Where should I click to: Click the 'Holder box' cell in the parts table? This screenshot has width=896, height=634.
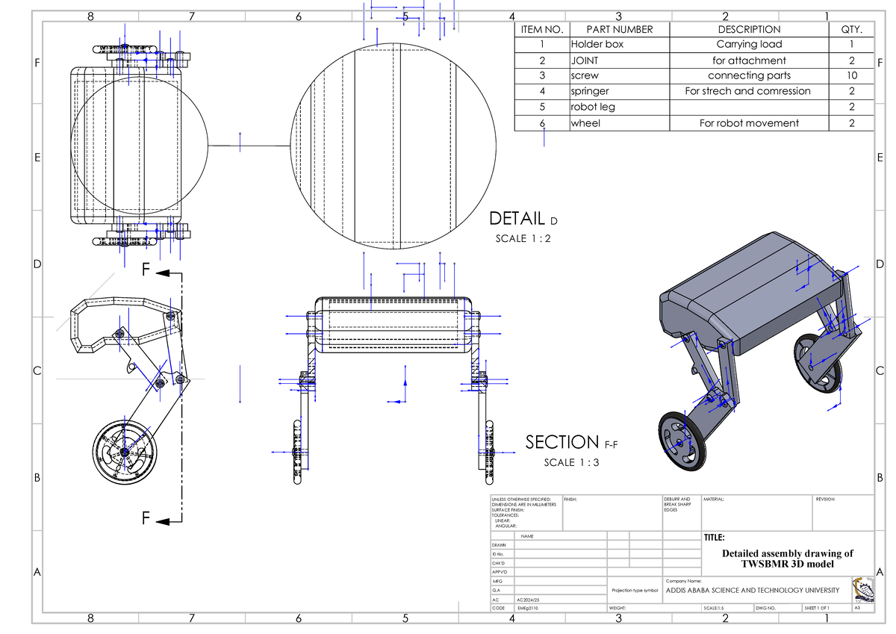coord(597,44)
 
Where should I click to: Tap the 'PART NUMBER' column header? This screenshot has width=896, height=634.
coord(619,29)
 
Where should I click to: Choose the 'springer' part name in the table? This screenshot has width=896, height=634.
coord(590,91)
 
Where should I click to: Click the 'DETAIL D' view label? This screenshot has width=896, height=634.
coord(523,220)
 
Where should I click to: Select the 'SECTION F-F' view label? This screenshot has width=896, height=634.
coord(570,443)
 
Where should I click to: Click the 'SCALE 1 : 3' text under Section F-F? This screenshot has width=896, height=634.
coord(571,462)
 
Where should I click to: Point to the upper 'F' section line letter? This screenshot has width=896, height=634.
coord(148,270)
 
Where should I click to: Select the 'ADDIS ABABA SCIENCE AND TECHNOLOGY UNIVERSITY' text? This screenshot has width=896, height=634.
coord(752,591)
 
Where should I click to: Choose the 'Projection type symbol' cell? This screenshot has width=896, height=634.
coord(635,590)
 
